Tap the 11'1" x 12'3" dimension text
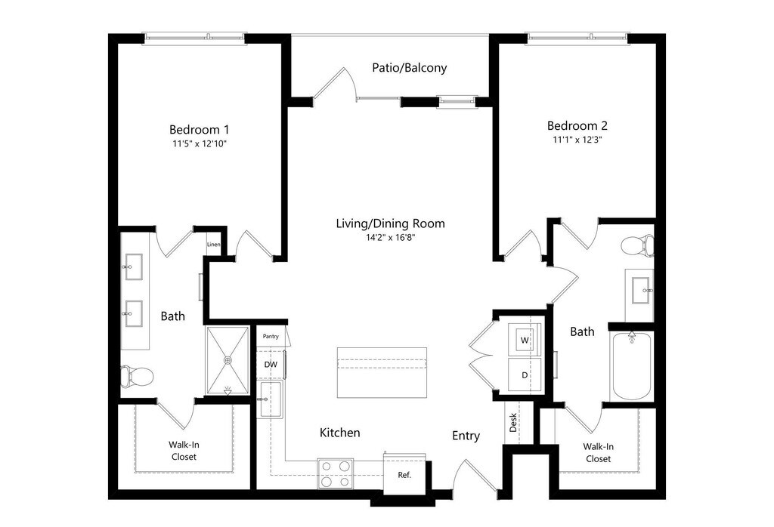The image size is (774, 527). click(x=577, y=140)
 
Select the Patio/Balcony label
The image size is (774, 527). click(x=409, y=67)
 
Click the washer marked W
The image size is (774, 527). click(x=524, y=341)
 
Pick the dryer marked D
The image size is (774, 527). click(x=524, y=374)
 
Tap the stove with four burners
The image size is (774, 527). click(x=335, y=473)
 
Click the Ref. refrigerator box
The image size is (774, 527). click(x=404, y=476)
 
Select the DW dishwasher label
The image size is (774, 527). click(x=271, y=365)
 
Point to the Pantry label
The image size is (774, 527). click(x=271, y=336)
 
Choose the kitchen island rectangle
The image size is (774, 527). click(x=382, y=372)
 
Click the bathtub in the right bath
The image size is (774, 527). click(x=631, y=366)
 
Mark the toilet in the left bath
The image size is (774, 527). click(x=138, y=375)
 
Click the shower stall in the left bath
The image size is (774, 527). click(x=228, y=360)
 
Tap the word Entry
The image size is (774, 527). click(x=466, y=436)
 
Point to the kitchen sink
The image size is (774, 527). click(x=270, y=398)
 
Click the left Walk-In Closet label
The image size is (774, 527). click(x=183, y=451)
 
